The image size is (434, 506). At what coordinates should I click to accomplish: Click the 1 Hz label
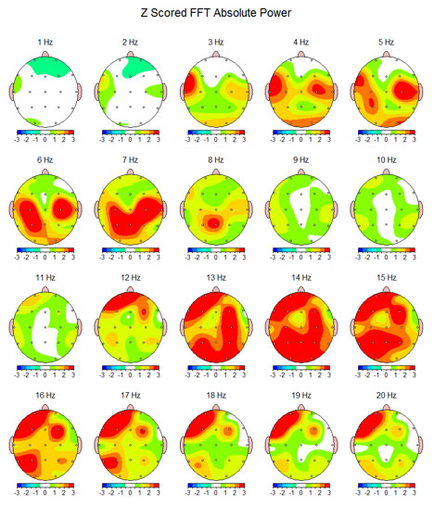click(45, 43)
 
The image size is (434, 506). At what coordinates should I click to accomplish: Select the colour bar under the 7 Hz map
click(130, 250)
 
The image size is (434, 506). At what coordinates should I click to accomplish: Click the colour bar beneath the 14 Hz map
click(302, 368)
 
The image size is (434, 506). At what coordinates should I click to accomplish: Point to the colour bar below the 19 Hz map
click(302, 486)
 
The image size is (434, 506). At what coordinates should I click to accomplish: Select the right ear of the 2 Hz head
click(165, 90)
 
